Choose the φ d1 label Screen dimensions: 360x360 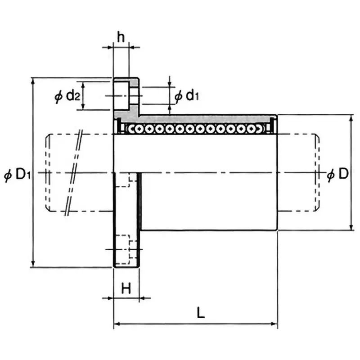click(186, 95)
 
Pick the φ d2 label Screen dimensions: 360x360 click(67, 95)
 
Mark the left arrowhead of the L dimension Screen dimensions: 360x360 click(117, 323)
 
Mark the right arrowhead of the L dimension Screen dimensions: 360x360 click(274, 323)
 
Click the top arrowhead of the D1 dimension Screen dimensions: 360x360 click(32, 80)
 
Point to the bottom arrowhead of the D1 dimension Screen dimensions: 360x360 click(32, 265)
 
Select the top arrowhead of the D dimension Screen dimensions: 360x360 click(351, 117)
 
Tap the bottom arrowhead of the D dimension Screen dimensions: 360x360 click(351, 228)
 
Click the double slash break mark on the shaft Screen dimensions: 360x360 click(74, 172)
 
